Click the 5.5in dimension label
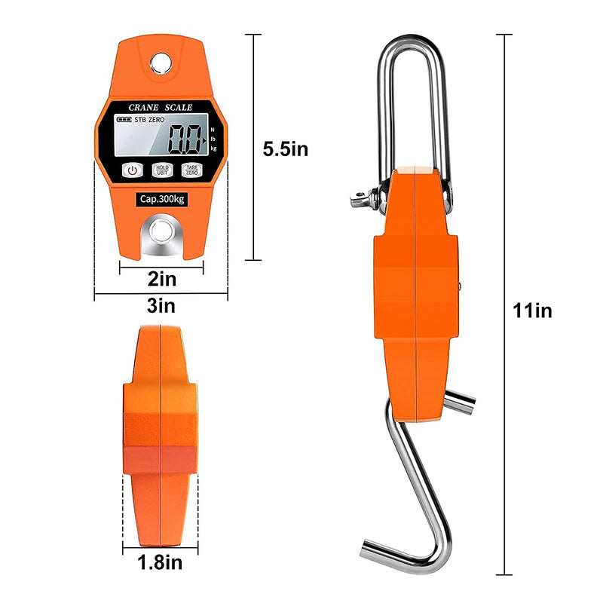[285, 148]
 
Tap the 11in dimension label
[533, 310]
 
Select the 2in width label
[162, 280]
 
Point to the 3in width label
[161, 305]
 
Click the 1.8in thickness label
[160, 562]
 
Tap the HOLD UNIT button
[161, 170]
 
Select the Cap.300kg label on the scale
[161, 199]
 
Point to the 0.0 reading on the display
[185, 139]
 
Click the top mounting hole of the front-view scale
[160, 60]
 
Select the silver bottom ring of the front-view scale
[160, 230]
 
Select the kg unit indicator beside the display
[214, 149]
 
